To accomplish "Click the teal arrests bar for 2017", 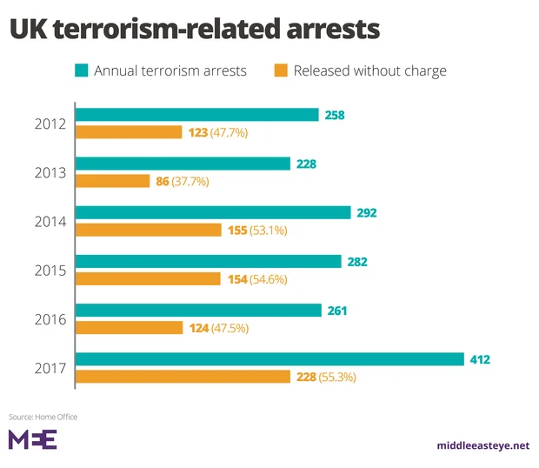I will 269,359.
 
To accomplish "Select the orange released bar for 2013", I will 113,181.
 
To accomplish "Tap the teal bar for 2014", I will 214,212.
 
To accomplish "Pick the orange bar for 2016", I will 130,328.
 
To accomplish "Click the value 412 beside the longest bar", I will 481,359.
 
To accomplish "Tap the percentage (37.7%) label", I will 190,182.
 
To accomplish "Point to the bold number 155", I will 236,231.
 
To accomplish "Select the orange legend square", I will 281,70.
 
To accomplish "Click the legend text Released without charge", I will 369,70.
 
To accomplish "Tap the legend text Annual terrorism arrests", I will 170,70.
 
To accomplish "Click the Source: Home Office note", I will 43,417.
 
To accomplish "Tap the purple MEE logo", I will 32,439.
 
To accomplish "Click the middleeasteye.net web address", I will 482,445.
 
